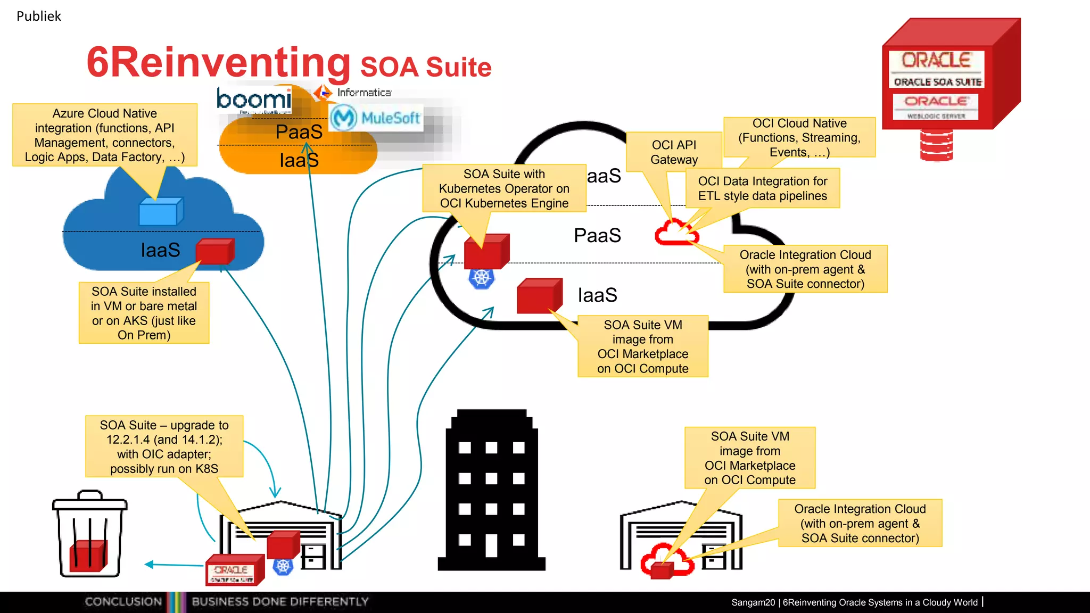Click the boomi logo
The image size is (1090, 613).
(254, 100)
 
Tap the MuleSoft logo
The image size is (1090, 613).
(376, 118)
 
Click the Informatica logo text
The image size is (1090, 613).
(364, 93)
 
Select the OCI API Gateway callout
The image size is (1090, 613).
(674, 152)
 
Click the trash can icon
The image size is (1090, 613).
(89, 535)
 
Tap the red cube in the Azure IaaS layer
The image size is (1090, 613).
(214, 251)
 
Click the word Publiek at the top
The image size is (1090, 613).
(39, 16)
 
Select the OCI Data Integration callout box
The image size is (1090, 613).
(762, 188)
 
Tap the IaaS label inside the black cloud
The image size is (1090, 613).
(597, 295)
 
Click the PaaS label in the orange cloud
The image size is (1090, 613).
(299, 132)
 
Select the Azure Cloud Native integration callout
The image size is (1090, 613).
(105, 135)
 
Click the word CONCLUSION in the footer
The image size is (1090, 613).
(123, 602)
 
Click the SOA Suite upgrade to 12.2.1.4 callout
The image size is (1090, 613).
(164, 447)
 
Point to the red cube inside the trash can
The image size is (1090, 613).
(88, 556)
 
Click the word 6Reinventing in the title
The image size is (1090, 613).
(218, 63)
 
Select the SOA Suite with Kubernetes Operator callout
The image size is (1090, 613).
(504, 188)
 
